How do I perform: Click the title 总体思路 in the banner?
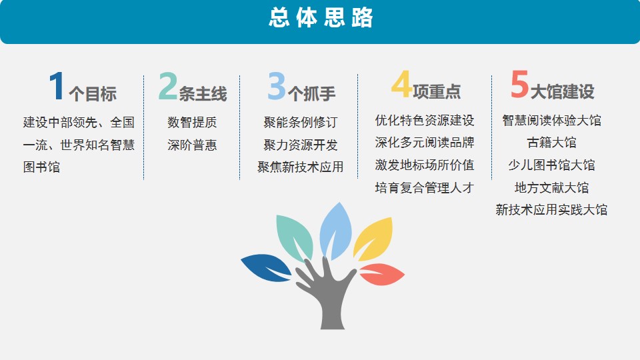pos(321,17)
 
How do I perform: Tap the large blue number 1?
pos(57,86)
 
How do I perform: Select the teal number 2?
pos(168,86)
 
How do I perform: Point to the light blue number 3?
pos(277,86)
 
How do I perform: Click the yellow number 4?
pos(401,84)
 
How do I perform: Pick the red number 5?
pos(519,84)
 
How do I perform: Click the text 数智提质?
pos(192,122)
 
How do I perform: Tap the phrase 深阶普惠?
pos(192,145)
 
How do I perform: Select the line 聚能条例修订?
pos(301,122)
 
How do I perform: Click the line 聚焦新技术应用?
pos(301,167)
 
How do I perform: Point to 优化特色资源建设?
pos(425,121)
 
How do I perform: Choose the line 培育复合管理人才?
pos(425,188)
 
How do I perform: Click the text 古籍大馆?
pos(551,143)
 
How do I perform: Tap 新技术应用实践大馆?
pos(551,210)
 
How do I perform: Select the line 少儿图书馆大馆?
pos(551,165)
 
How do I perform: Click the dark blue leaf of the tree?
pos(266,267)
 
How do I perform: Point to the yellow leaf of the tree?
pos(373,239)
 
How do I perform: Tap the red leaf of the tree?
pos(381,274)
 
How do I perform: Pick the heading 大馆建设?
pos(563,91)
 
